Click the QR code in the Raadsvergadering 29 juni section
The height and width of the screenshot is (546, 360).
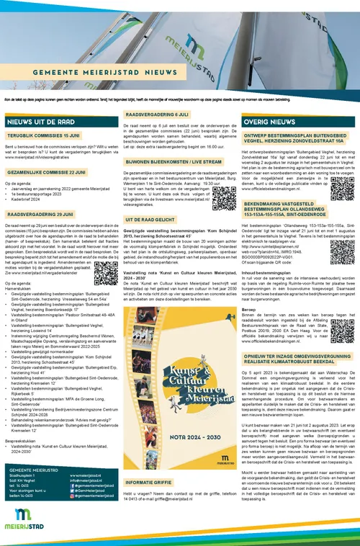point(106,272)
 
